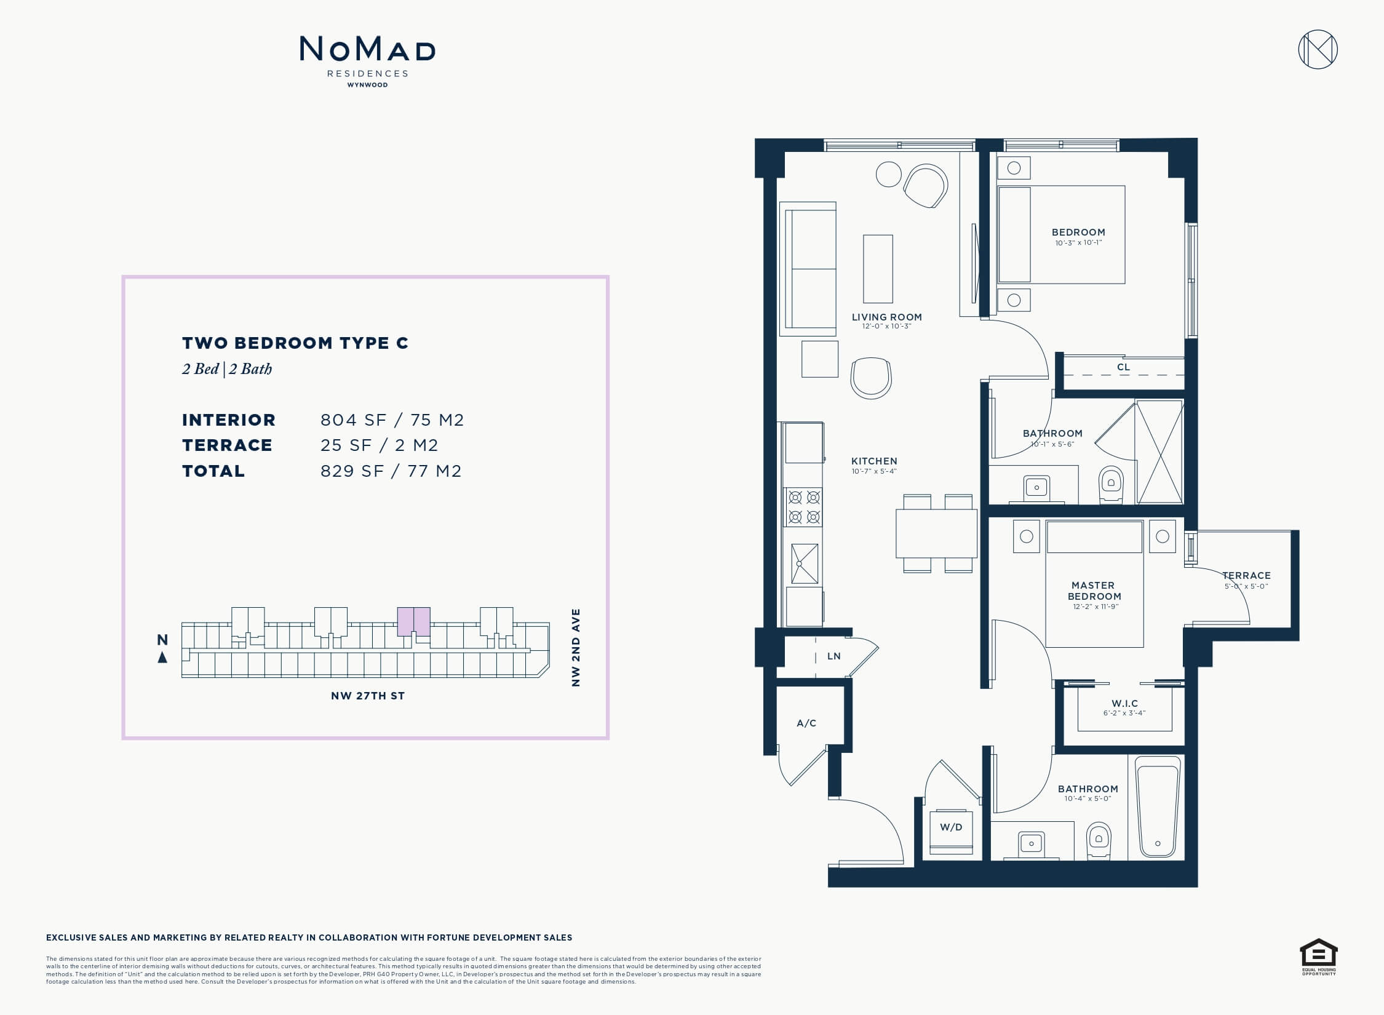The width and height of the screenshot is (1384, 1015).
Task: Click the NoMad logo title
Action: coord(367,49)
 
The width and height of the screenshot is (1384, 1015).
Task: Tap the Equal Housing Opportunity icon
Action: coord(1319,957)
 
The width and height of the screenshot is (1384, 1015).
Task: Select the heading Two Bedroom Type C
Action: coord(295,343)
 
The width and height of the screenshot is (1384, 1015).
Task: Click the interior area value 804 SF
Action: coord(353,420)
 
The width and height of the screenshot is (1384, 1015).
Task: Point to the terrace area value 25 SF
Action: coord(346,445)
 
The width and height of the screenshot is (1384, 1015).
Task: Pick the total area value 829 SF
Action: coord(352,471)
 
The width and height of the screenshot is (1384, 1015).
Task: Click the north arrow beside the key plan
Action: coord(162,658)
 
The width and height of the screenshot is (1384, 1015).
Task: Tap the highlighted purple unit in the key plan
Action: coord(413,621)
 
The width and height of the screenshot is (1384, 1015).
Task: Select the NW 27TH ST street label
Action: coord(368,696)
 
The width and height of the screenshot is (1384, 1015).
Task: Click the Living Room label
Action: coord(886,317)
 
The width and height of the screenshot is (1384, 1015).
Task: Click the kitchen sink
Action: coord(804,563)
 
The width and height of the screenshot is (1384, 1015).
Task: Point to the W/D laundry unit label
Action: coord(951,827)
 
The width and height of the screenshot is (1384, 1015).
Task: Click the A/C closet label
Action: coord(806,723)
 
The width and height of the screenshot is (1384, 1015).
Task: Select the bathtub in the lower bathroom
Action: coord(1158,806)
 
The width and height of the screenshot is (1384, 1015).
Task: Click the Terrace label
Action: coord(1246,576)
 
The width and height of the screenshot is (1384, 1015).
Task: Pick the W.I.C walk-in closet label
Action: coord(1124,703)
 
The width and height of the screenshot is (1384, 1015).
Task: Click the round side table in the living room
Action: coord(889,174)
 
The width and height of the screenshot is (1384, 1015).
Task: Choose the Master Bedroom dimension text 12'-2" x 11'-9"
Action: coord(1095,607)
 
